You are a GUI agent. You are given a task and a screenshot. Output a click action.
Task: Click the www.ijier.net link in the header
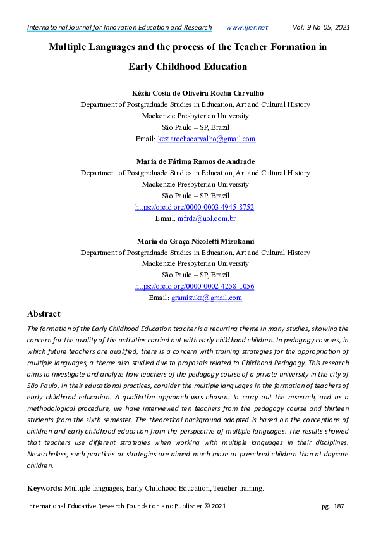[246, 27]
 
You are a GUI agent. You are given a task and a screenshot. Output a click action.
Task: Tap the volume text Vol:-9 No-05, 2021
[321, 27]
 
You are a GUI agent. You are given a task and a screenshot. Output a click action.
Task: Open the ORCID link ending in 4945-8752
[195, 207]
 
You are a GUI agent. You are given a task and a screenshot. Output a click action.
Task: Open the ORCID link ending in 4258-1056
[195, 287]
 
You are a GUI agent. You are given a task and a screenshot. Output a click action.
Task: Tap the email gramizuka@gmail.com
[207, 298]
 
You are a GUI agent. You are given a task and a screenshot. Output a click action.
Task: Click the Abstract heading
[44, 314]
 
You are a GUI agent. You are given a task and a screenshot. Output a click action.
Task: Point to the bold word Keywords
[44, 488]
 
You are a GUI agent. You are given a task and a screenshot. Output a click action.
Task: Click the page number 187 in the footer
[338, 506]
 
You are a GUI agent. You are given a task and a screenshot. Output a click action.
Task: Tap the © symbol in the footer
[207, 506]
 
